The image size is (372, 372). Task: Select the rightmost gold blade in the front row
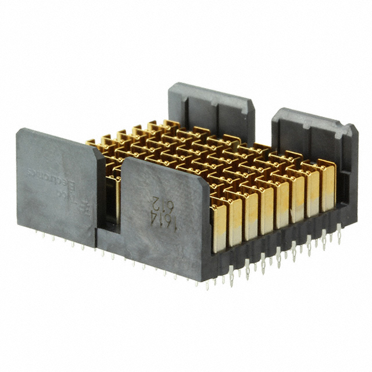[327, 186]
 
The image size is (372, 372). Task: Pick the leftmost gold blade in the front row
[219, 224]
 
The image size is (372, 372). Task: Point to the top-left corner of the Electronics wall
[20, 131]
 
